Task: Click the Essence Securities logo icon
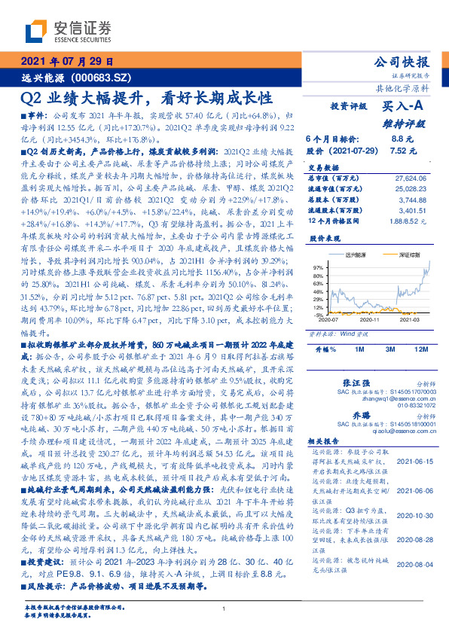click(x=37, y=30)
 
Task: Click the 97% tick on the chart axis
click(x=317, y=267)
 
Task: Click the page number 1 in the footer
click(x=225, y=608)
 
